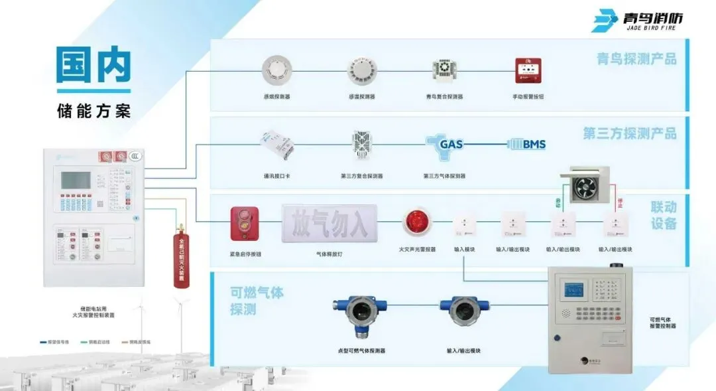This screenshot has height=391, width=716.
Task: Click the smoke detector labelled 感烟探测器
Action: (276, 70)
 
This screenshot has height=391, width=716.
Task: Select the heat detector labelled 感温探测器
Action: (361, 70)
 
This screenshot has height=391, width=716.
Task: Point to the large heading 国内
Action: (93, 66)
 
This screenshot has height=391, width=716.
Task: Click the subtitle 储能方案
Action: (93, 110)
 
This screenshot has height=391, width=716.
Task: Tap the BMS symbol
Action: (527, 144)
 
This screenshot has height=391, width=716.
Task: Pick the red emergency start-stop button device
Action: (244, 224)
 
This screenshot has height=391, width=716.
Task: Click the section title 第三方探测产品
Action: (629, 133)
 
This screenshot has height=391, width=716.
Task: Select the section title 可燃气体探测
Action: (257, 301)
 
